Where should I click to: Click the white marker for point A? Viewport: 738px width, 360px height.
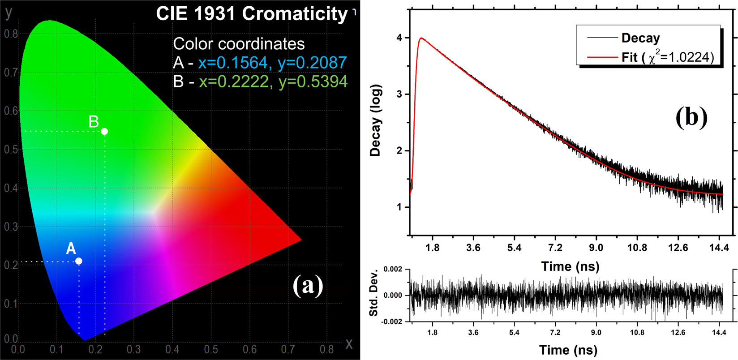(x=79, y=261)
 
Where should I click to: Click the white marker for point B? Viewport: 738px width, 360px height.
(x=104, y=131)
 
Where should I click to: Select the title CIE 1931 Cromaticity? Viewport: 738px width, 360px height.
(x=252, y=14)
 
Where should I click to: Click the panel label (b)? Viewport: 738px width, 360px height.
(x=691, y=117)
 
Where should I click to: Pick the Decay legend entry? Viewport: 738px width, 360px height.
(x=640, y=38)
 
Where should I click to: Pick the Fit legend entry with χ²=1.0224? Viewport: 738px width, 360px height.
(x=667, y=57)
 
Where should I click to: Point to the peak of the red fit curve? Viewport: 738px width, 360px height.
(x=421, y=38)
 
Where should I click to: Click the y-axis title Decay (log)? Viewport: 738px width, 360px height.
(x=375, y=120)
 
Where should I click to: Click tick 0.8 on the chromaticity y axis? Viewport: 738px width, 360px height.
(x=11, y=34)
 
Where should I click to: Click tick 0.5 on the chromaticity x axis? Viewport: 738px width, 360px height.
(x=211, y=349)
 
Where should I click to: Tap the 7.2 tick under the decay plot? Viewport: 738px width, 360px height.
(x=555, y=247)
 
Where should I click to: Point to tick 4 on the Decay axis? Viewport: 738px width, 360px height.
(x=400, y=38)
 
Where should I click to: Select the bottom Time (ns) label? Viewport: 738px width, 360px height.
(x=568, y=350)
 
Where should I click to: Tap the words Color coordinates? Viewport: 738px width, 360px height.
(x=239, y=44)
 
